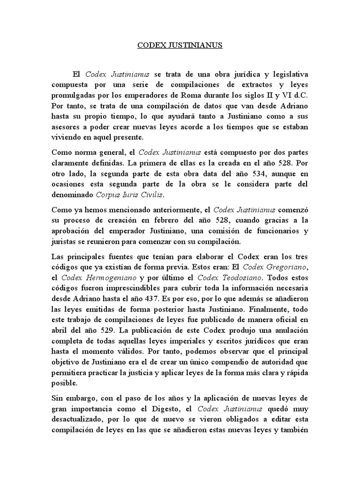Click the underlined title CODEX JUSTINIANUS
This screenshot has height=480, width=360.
pos(180,46)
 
